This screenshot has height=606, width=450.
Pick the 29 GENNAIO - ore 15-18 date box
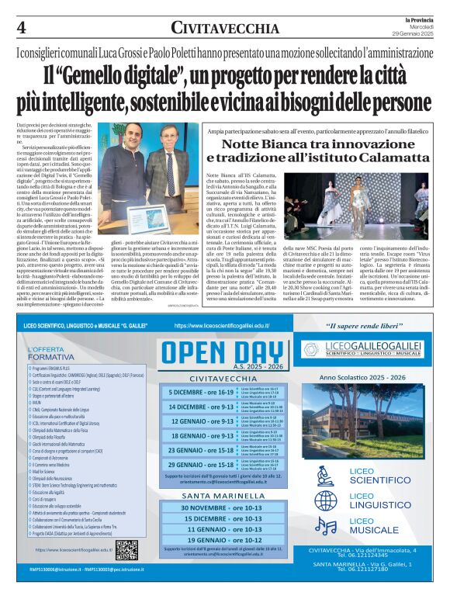(203, 464)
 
